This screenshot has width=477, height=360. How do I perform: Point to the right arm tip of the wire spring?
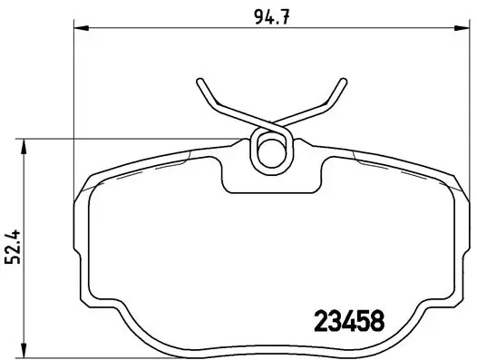click(343, 82)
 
